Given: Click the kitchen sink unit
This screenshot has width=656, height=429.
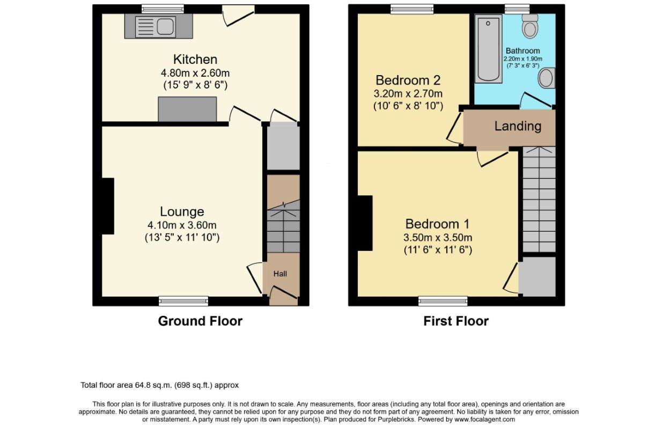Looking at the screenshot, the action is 158,26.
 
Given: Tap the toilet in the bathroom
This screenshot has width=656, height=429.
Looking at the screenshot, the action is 530,26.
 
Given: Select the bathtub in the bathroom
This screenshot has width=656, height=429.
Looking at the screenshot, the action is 488,49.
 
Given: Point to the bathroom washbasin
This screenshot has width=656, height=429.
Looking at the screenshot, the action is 547,78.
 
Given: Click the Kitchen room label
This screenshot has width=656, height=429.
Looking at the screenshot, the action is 195,60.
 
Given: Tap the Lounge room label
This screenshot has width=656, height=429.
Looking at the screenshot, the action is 182,212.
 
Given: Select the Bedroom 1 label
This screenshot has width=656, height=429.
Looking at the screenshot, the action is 437,224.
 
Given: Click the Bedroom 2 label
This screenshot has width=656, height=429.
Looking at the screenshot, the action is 408,80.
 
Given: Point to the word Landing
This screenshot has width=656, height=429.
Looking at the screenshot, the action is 518,126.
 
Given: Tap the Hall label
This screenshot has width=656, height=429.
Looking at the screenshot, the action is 280,274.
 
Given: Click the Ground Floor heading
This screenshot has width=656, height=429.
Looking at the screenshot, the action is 200,321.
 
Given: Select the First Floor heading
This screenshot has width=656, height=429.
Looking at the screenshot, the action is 456,321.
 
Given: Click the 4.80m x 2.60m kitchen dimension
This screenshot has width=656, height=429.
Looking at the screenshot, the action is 195,72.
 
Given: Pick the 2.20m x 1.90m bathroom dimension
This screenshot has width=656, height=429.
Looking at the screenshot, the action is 523,59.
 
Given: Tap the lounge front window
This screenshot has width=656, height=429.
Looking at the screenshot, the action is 183,301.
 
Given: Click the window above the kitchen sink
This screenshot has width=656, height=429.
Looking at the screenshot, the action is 163,9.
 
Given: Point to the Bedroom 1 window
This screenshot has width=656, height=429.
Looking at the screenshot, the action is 443,301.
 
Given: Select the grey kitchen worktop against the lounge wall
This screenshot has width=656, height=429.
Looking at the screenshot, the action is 187,109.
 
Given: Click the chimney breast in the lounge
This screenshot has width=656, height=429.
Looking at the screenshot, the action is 107,206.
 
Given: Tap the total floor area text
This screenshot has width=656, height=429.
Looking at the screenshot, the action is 160,385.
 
